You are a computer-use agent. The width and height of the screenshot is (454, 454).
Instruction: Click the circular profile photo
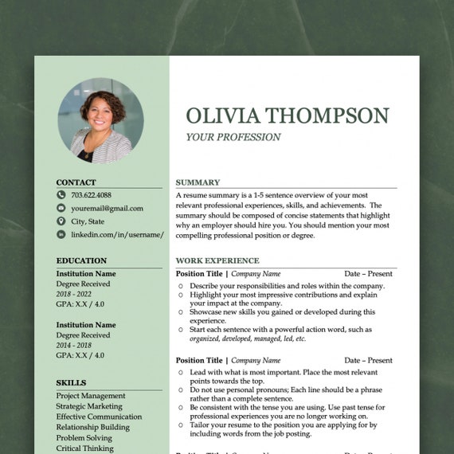pyautogui.click(x=100, y=120)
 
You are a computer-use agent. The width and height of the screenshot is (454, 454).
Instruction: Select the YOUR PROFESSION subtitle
pyautogui.click(x=233, y=137)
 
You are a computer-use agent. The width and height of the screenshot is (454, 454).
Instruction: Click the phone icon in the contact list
pyautogui.click(x=61, y=194)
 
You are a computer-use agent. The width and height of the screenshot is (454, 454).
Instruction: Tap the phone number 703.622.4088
pyautogui.click(x=91, y=194)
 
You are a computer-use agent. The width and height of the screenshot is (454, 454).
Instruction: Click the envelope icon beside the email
pyautogui.click(x=61, y=208)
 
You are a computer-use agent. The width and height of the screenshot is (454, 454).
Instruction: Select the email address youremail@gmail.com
pyautogui.click(x=107, y=208)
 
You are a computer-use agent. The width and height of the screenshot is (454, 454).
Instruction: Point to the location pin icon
pyautogui.click(x=61, y=221)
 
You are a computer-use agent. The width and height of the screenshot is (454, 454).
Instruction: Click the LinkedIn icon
pyautogui.click(x=61, y=235)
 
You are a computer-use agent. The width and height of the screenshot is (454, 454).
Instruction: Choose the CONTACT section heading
pyautogui.click(x=76, y=182)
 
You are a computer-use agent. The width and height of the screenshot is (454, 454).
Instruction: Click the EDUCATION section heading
pyautogui.click(x=81, y=260)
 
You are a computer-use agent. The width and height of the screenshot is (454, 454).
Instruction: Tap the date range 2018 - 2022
pyautogui.click(x=74, y=294)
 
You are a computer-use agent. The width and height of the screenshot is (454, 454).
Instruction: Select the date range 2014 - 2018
pyautogui.click(x=74, y=345)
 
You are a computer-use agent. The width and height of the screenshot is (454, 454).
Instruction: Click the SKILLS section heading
pyautogui.click(x=71, y=383)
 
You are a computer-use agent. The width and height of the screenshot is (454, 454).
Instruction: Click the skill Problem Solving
pyautogui.click(x=84, y=437)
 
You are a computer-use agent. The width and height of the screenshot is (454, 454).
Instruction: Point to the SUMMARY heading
pyautogui.click(x=198, y=182)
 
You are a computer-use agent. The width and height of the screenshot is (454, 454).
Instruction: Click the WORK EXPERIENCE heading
pyautogui.click(x=217, y=260)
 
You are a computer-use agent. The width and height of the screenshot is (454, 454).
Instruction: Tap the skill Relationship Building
pyautogui.click(x=92, y=427)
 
